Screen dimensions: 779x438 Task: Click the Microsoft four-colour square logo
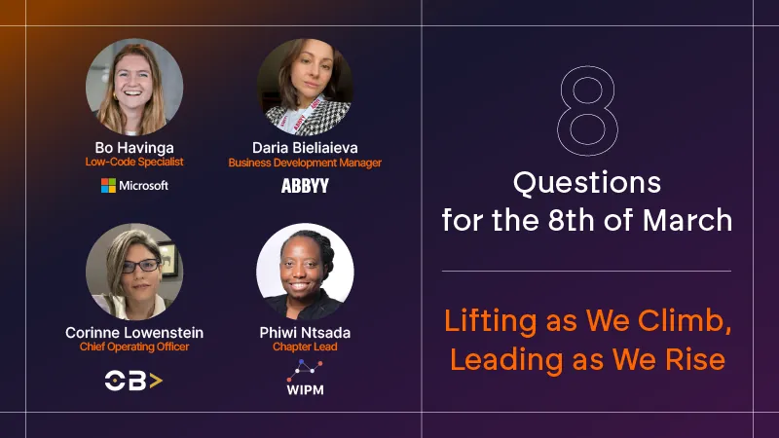(x=108, y=186)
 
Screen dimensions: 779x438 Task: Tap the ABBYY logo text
(x=305, y=186)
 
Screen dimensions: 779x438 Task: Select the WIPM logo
(x=305, y=378)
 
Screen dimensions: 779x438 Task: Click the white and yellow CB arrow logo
(x=133, y=381)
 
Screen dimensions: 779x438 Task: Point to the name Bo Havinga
(x=134, y=148)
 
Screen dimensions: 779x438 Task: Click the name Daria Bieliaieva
(x=305, y=148)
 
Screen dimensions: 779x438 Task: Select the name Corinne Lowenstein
(x=134, y=332)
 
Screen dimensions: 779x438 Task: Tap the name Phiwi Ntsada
(x=305, y=332)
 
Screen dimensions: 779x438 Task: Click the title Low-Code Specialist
(x=134, y=162)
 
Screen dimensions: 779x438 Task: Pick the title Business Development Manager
(x=305, y=163)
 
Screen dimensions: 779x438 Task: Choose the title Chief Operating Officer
(x=134, y=347)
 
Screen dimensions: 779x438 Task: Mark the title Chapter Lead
(x=305, y=347)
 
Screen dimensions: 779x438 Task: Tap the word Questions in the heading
(x=587, y=183)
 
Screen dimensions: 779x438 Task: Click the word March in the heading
(x=687, y=220)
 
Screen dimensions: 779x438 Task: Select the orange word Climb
(x=685, y=320)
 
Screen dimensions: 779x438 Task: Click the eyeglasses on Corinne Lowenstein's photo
(x=141, y=266)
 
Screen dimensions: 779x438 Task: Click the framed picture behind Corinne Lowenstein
(x=168, y=258)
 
